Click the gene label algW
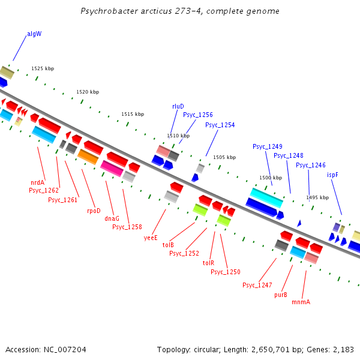tap(34, 34)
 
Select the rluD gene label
tap(178, 106)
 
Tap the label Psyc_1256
tap(198, 115)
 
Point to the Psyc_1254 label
tap(220, 125)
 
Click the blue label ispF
tap(332, 175)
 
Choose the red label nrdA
tap(38, 182)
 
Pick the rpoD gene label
tap(94, 211)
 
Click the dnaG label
tap(112, 218)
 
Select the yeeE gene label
tap(151, 237)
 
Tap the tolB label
tap(168, 245)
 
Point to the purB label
tap(281, 295)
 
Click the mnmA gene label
tap(301, 302)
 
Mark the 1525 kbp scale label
tap(43, 69)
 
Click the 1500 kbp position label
tap(270, 178)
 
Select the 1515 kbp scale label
tap(133, 114)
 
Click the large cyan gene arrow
tap(266, 197)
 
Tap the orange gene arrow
tap(88, 157)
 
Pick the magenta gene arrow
tap(112, 168)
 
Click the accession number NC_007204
tap(46, 349)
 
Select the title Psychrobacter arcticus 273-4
tap(180, 11)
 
